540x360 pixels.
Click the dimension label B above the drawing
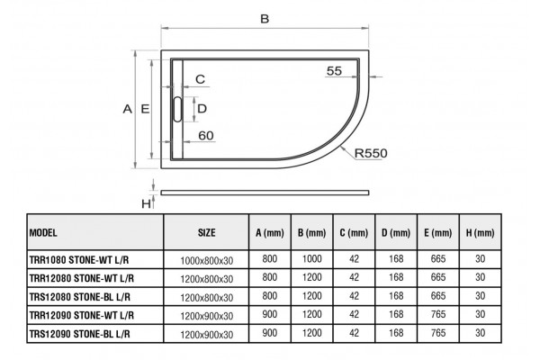(265, 19)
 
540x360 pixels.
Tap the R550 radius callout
(371, 153)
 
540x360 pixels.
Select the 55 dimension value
(334, 70)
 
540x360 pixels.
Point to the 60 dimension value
(206, 135)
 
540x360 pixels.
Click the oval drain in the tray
(177, 109)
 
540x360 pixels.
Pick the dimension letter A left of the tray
(128, 109)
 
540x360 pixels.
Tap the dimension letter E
(145, 109)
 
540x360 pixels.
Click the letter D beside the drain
(202, 109)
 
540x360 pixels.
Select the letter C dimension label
(200, 79)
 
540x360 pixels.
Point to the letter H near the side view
(146, 204)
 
